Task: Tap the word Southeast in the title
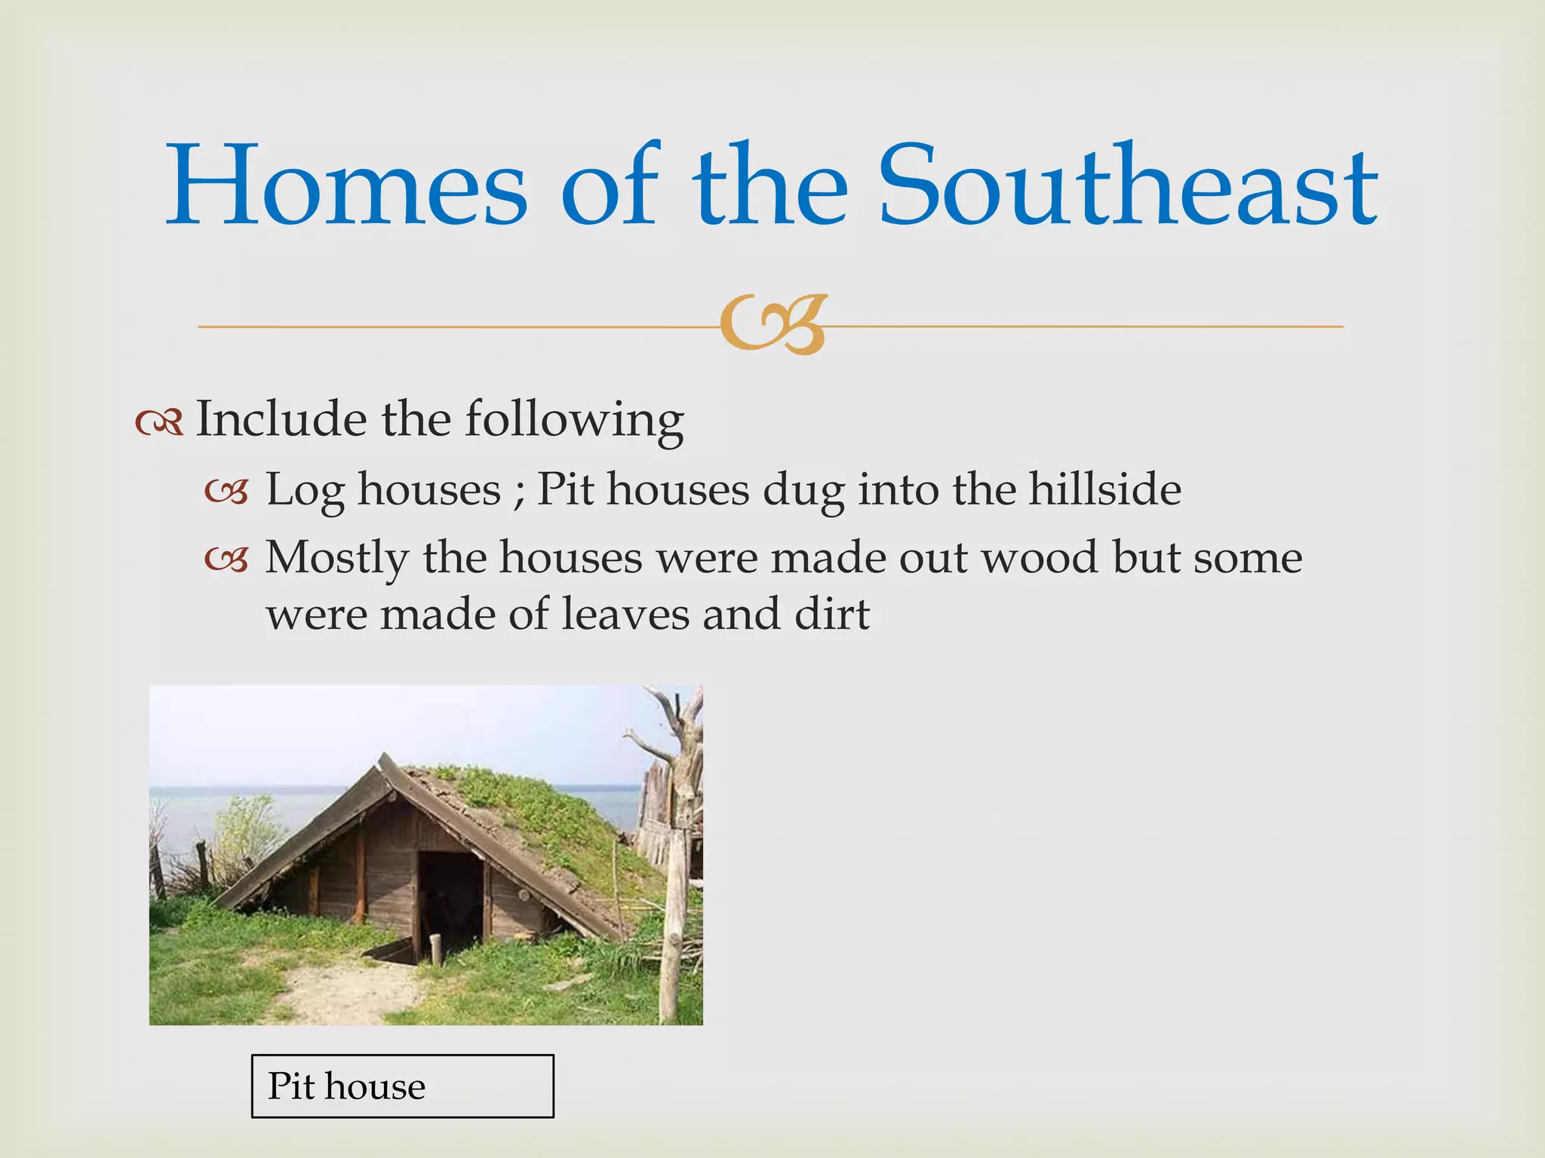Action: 1129,187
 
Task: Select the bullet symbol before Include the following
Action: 159,424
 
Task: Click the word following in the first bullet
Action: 573,419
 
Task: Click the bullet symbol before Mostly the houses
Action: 226,560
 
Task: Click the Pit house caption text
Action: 346,1086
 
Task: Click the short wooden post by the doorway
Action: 435,950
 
